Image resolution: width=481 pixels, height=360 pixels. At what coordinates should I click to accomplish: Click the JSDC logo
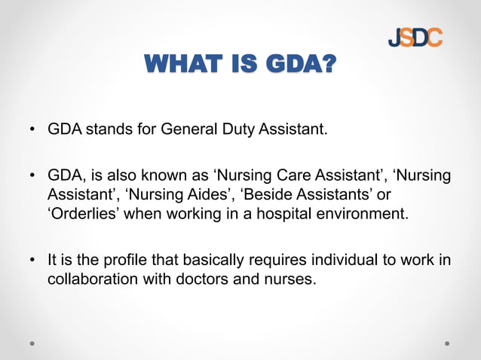(415, 37)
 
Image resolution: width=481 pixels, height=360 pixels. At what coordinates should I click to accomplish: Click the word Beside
(264, 195)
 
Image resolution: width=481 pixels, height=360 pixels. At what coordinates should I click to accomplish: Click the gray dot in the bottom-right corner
(447, 343)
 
